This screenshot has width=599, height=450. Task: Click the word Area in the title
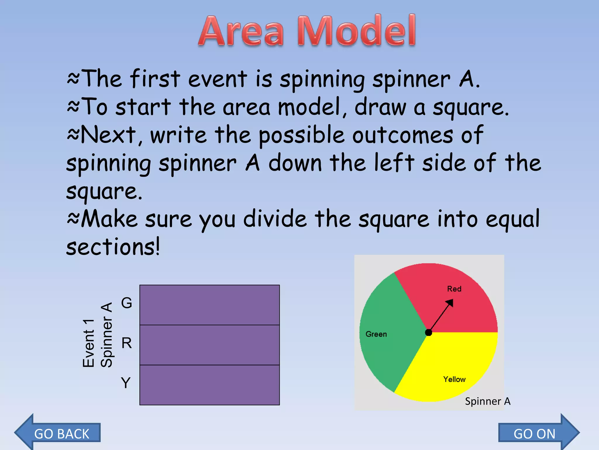click(242, 32)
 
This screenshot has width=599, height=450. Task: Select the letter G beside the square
click(127, 303)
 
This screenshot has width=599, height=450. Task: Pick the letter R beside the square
click(127, 343)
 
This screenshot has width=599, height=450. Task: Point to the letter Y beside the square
click(126, 383)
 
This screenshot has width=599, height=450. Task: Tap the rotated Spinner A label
click(106, 335)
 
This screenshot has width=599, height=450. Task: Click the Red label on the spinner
click(454, 289)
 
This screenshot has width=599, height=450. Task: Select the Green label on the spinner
click(376, 334)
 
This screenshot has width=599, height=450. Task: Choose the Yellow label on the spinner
click(454, 379)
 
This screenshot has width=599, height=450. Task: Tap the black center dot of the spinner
click(428, 333)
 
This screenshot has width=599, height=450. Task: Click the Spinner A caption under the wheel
click(488, 401)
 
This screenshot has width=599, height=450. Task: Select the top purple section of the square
click(209, 305)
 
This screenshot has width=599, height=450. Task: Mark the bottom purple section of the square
click(209, 385)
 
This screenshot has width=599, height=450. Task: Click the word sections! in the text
click(113, 247)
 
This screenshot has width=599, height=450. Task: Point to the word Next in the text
click(108, 135)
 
